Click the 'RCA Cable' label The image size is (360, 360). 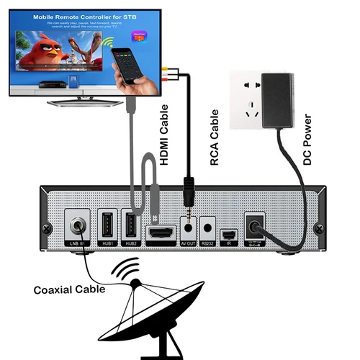pos(214,147)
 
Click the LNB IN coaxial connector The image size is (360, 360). pos(77,226)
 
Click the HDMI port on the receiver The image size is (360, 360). pos(161,233)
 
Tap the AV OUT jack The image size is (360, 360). pos(189,225)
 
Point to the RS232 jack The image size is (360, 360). pos(207,225)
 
